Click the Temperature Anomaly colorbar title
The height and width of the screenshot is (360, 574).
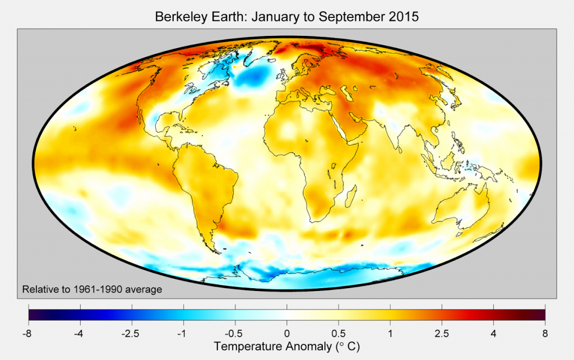[x=286, y=347]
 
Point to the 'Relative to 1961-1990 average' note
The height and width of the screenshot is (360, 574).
[x=92, y=289]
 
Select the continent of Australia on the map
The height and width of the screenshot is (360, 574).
[x=460, y=210]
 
